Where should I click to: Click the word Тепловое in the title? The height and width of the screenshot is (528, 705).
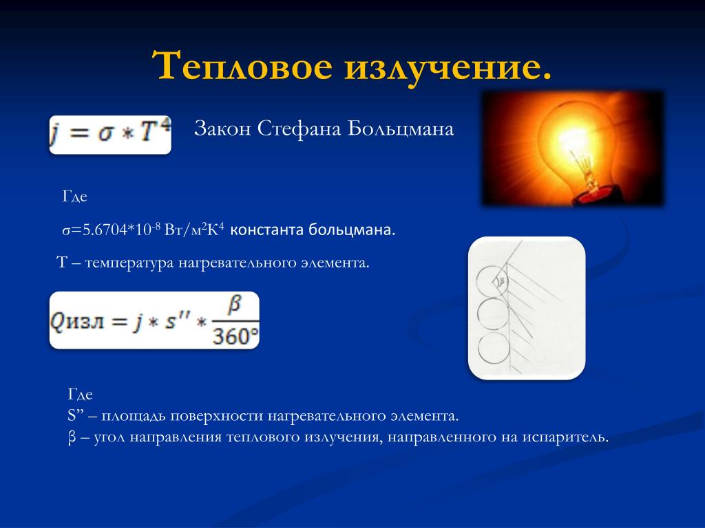(242, 66)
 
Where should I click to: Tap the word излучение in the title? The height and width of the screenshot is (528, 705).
(448, 68)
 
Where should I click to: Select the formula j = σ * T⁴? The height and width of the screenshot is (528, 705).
(110, 135)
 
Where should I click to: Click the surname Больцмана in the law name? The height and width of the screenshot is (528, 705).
(401, 129)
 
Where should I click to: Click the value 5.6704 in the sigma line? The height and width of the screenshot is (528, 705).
(105, 230)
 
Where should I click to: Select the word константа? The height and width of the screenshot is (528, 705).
(266, 230)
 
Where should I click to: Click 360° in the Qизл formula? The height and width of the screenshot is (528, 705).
(235, 335)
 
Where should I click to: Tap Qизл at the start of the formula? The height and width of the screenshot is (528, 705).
(76, 322)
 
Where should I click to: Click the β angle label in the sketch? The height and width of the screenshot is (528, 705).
(502, 281)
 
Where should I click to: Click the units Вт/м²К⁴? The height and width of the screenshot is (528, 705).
(194, 230)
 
